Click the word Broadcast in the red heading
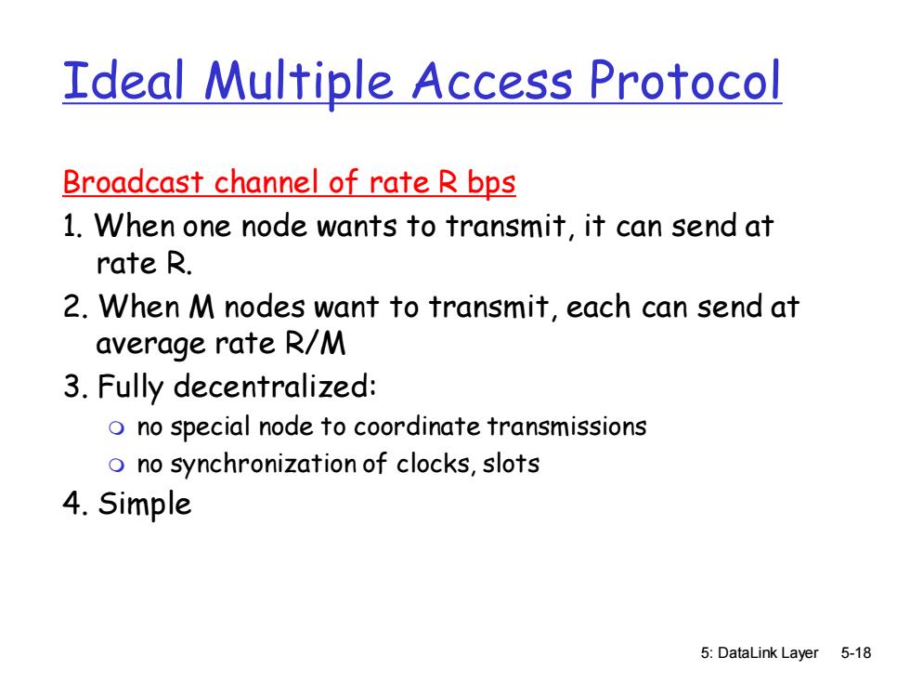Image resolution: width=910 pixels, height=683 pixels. pos(133,182)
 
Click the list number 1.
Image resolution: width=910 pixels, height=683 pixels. pos(72,226)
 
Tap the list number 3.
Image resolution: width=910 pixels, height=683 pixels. pos(75,387)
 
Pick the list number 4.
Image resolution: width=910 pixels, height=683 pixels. pos(75,503)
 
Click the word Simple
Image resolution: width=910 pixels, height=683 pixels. pos(145,505)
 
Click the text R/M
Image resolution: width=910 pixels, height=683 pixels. pos(315,343)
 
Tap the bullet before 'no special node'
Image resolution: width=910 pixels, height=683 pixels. pos(117,428)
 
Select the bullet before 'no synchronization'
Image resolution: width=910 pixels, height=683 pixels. pos(117,466)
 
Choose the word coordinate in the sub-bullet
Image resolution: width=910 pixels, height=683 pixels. pos(417,427)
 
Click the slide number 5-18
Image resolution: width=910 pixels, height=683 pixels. pos(856,653)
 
